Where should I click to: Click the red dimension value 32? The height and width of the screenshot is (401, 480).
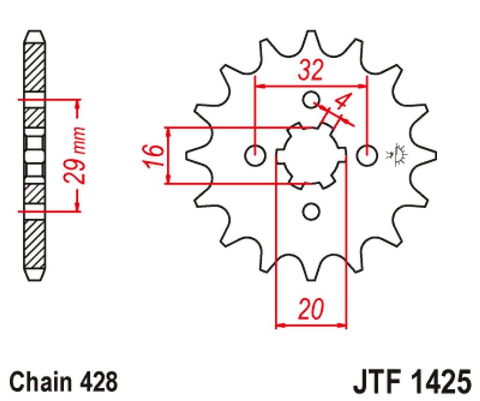pos(310,70)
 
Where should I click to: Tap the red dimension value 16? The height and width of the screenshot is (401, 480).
pos(154,156)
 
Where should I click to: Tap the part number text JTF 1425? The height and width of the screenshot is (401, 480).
pos(412,381)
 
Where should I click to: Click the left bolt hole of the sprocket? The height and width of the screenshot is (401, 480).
pos(255,155)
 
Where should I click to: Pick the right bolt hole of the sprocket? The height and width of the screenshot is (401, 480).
pos(367,155)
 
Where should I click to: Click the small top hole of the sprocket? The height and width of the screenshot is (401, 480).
pos(311,99)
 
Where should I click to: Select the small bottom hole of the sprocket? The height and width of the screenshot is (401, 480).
pos(311,212)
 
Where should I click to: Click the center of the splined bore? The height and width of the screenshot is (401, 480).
pos(311,155)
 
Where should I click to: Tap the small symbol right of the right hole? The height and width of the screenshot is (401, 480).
pos(397,154)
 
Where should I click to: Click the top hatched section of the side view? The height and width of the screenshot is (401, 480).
pos(35,68)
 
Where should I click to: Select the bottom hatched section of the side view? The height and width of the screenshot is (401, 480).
pos(35,244)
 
